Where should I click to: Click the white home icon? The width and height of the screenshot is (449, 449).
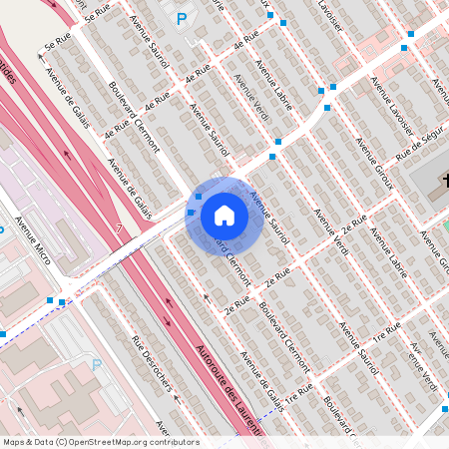point(224,214)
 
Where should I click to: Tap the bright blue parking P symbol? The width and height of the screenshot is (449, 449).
point(181,18)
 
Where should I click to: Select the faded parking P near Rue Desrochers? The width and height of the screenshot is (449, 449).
point(97,365)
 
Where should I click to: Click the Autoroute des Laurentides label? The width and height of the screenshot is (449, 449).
point(229,388)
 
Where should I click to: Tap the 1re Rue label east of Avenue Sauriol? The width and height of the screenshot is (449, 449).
point(387,329)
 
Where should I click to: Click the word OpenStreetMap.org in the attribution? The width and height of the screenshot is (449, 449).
point(109,442)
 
